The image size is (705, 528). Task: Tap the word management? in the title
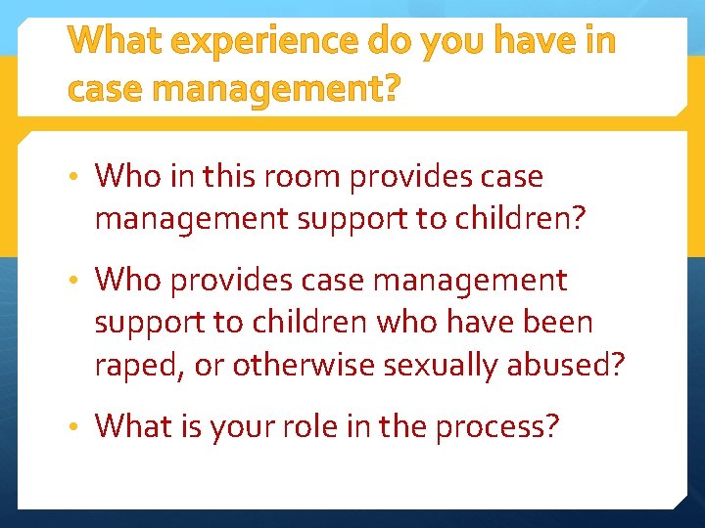[277, 89]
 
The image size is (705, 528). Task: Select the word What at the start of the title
[114, 42]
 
